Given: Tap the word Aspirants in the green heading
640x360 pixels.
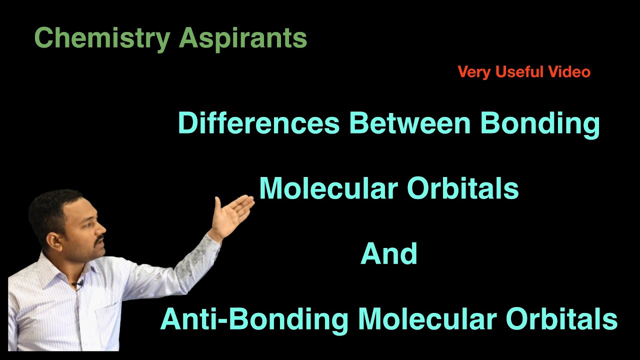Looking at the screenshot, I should coord(243,38).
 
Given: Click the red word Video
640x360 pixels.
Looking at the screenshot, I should coord(569,72).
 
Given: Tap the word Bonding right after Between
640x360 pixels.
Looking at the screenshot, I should coord(540,124).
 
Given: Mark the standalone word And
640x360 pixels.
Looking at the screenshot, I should coord(389,254).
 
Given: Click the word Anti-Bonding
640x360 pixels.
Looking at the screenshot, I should coord(254,319).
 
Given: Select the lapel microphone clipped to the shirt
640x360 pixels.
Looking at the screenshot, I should coord(77,285).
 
